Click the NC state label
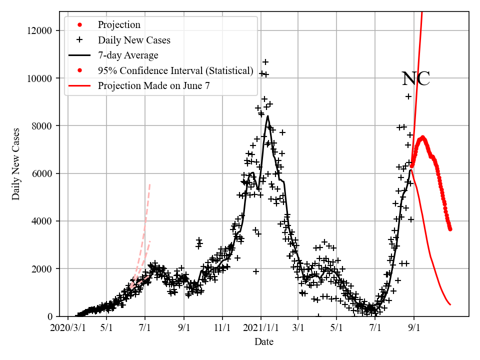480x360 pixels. (416, 79)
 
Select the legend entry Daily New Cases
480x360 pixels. (133, 40)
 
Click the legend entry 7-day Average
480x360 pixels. (128, 55)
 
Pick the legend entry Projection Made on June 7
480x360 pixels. (153, 85)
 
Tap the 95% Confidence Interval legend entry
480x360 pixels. (175, 70)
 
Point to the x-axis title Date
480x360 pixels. (263, 342)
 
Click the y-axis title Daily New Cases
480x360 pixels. (16, 164)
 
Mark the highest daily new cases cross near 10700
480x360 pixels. (265, 62)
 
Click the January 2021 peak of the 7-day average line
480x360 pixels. (268, 116)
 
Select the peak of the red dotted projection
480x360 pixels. (422, 137)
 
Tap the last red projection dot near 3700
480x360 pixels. (450, 229)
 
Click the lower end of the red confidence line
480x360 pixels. (450, 304)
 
